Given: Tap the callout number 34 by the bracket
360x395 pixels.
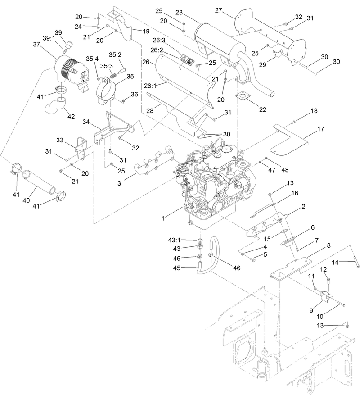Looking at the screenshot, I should pos(86,122).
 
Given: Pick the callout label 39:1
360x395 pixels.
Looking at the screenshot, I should pos(49,38).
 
